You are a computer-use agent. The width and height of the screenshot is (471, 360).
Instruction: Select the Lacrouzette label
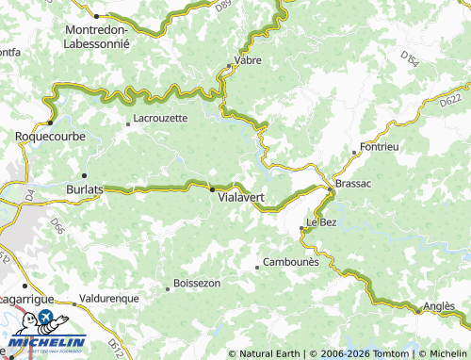coord(161,118)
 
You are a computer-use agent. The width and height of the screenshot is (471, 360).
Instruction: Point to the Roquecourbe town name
coord(51,137)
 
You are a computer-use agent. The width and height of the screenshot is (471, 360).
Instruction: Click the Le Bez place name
coord(320,221)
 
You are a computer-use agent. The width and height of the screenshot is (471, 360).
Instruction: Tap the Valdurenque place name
coord(109,298)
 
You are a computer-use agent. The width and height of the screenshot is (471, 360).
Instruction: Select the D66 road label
coord(57,226)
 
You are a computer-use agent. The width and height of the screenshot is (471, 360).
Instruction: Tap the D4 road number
coord(29,195)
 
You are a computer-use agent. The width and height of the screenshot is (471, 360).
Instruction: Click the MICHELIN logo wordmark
coord(48,341)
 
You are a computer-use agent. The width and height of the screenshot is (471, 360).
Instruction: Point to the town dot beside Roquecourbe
coord(50,123)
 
